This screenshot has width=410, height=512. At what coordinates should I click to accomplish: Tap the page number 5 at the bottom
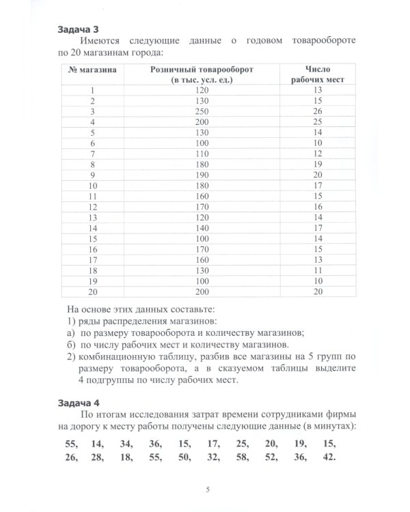click(x=206, y=489)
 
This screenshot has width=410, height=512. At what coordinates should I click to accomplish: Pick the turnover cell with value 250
click(x=200, y=111)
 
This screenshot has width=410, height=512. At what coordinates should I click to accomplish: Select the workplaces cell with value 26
click(x=316, y=111)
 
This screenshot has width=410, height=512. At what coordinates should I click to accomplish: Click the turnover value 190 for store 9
click(x=200, y=175)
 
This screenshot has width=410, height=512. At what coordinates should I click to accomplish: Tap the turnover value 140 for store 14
click(x=200, y=228)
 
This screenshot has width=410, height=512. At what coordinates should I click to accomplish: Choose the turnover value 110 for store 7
click(x=200, y=154)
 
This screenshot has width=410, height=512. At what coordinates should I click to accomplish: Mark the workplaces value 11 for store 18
click(x=316, y=270)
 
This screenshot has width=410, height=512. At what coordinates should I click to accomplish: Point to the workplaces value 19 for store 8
click(x=316, y=165)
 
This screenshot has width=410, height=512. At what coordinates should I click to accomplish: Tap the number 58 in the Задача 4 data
click(x=242, y=457)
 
